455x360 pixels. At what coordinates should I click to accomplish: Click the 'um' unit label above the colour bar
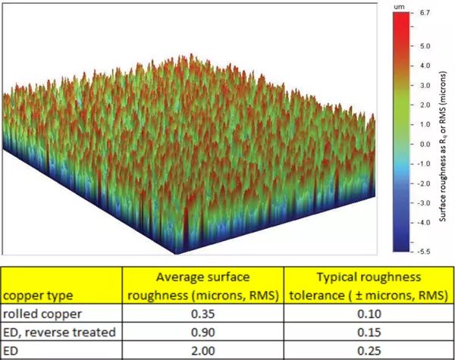click(400, 6)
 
